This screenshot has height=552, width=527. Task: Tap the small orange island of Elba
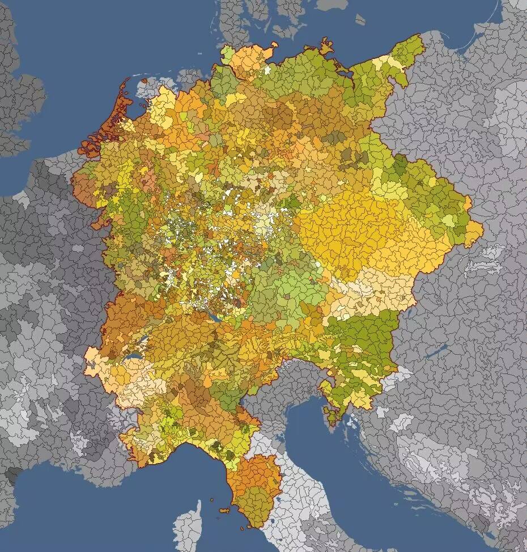pyautogui.click(x=225, y=510)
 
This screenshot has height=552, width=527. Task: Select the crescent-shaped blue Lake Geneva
pyautogui.click(x=134, y=358)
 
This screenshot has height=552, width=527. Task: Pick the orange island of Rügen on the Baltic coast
pyautogui.click(x=326, y=45)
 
